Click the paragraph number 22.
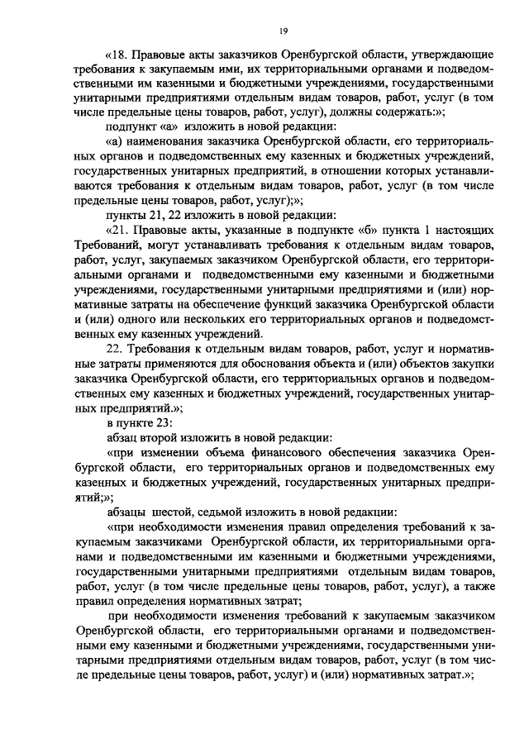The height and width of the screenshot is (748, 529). (116, 350)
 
